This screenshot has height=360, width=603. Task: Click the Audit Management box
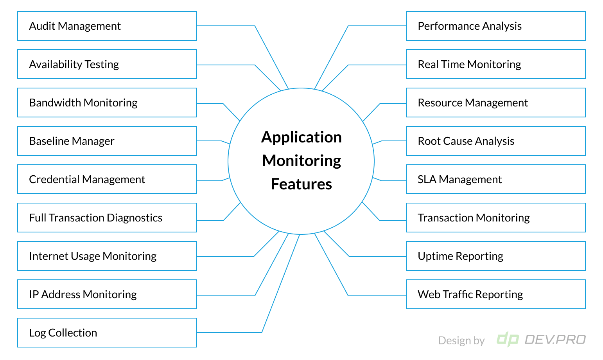click(107, 26)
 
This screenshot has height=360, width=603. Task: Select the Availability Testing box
click(107, 64)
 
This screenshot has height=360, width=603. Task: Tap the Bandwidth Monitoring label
click(83, 103)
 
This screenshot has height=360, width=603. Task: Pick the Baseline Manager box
click(107, 141)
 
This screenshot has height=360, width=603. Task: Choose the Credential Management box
click(107, 179)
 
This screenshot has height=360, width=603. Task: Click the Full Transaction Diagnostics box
click(107, 218)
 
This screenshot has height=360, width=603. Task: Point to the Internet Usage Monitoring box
click(107, 256)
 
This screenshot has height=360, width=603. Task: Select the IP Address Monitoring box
click(107, 294)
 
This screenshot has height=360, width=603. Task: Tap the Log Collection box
click(107, 333)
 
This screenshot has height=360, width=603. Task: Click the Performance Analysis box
click(495, 26)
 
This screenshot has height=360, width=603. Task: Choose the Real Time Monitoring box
click(495, 64)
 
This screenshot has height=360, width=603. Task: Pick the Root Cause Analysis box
click(495, 141)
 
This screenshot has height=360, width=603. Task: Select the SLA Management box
click(495, 179)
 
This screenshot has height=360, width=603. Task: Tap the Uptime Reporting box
click(495, 256)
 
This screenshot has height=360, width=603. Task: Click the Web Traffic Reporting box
click(495, 294)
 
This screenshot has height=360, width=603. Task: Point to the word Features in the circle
click(301, 184)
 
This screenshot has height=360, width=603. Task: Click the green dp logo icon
click(508, 339)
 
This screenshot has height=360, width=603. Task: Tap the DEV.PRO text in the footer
click(555, 339)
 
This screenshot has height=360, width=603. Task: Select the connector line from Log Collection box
click(281, 284)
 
